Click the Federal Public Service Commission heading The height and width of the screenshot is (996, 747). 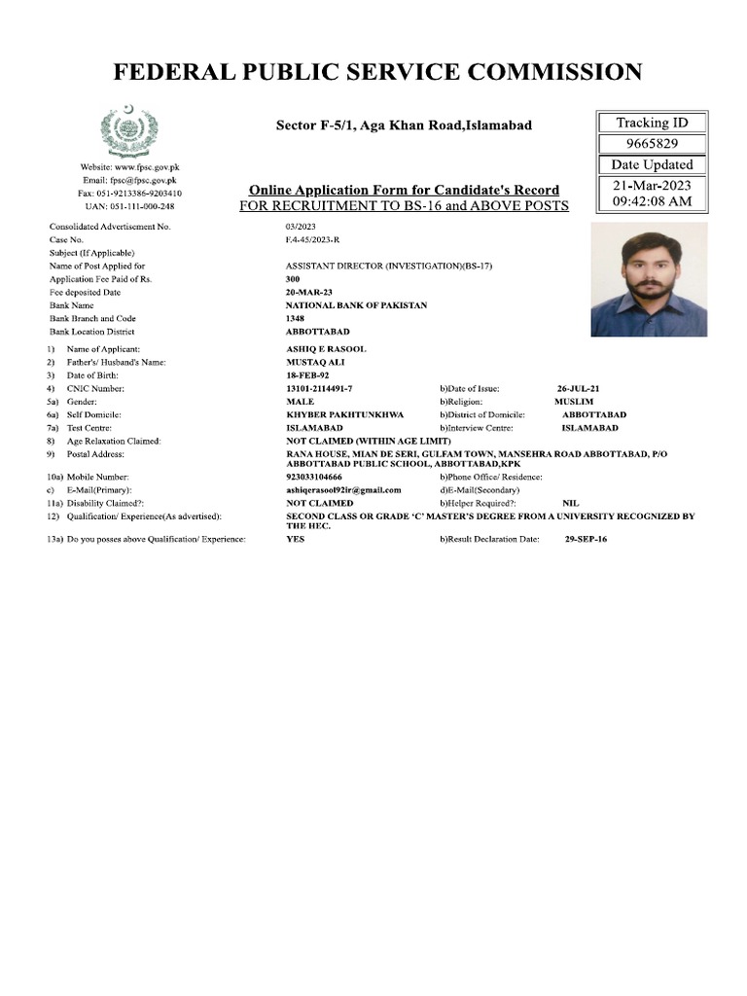pyautogui.click(x=377, y=72)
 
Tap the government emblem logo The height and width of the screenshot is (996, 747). pyautogui.click(x=128, y=130)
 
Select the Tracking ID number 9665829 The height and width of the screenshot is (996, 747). pyautogui.click(x=652, y=143)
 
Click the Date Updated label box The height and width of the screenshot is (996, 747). pyautogui.click(x=652, y=164)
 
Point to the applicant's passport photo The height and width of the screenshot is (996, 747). pyautogui.click(x=649, y=280)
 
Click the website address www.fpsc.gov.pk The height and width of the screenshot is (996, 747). pyautogui.click(x=129, y=167)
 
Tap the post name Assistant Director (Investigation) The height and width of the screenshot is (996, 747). pyautogui.click(x=389, y=266)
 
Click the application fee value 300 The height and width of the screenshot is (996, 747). pyautogui.click(x=293, y=279)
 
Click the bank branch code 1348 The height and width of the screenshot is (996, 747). pyautogui.click(x=296, y=319)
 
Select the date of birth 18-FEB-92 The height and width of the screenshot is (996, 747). pyautogui.click(x=307, y=374)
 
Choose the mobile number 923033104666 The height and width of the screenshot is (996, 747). pyautogui.click(x=314, y=477)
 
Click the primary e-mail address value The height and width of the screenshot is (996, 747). pyautogui.click(x=343, y=490)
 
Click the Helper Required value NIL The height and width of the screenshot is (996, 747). pyautogui.click(x=570, y=503)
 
